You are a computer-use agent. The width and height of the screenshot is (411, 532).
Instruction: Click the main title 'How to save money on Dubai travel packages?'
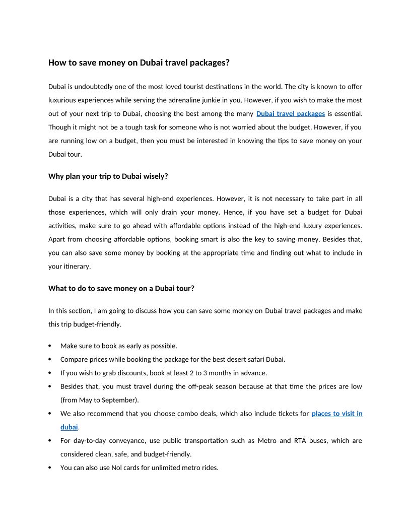tap(139, 63)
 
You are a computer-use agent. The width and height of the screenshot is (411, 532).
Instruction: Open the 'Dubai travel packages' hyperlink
tap(291, 114)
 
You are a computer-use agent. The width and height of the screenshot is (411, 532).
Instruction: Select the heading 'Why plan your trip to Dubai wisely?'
tap(108, 176)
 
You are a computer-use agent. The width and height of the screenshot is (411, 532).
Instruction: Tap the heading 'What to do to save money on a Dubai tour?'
tap(121, 289)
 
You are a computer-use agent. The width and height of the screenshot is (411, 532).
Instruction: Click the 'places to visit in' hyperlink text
tap(337, 414)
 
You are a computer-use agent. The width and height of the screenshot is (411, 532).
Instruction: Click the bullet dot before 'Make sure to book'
tap(49, 346)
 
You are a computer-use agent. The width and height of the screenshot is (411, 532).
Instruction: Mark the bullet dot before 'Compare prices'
tap(49, 360)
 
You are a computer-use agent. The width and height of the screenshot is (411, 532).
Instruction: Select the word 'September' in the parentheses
tap(121, 400)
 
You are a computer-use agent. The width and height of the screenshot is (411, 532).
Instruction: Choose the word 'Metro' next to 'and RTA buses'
tap(267, 441)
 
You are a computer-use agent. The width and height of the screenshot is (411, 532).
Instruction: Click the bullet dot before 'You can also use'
tap(49, 468)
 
